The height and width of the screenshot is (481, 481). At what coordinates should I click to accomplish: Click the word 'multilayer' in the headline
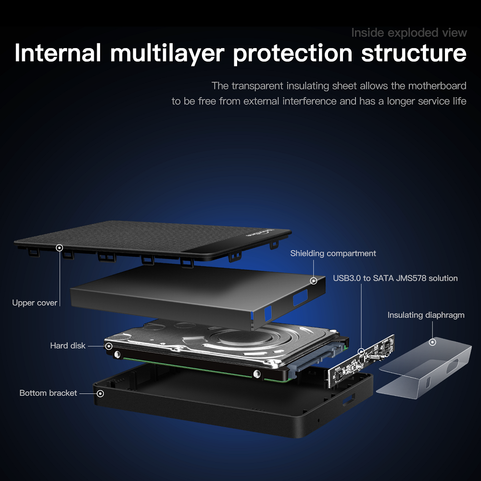coord(167,53)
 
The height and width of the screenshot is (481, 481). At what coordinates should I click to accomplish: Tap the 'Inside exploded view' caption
coord(409,33)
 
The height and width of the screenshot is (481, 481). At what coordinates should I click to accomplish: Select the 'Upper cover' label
coord(35,303)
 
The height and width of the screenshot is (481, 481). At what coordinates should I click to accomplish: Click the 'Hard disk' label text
coord(68,345)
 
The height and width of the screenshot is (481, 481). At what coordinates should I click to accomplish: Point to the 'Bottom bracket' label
coord(48,393)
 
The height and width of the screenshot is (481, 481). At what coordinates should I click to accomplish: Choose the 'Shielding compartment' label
coord(333,253)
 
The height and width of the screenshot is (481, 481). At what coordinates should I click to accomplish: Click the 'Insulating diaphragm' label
coord(426,315)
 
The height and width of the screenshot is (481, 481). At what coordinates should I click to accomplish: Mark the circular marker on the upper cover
coord(60,248)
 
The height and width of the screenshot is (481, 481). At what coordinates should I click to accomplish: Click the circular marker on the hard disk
coord(109,346)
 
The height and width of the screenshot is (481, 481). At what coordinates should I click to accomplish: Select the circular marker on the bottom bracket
coord(100,393)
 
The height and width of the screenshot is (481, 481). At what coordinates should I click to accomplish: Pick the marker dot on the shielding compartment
coord(314,280)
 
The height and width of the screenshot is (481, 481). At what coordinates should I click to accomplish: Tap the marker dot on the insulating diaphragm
coord(432,342)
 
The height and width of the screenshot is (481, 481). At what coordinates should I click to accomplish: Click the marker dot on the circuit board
coord(361,352)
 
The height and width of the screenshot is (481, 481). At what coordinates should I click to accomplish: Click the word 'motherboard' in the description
coord(437,86)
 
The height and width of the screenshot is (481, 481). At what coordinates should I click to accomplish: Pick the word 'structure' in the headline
coord(414,53)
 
